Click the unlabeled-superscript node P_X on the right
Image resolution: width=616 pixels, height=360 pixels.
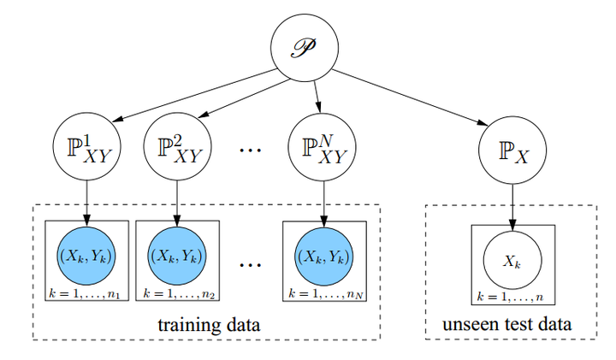[512, 152]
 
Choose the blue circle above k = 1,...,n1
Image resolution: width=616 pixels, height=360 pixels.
[86, 255]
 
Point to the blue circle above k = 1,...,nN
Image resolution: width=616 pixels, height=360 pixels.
[323, 255]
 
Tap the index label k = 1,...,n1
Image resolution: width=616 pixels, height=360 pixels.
[86, 294]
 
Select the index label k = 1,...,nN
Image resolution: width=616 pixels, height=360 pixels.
[323, 294]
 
